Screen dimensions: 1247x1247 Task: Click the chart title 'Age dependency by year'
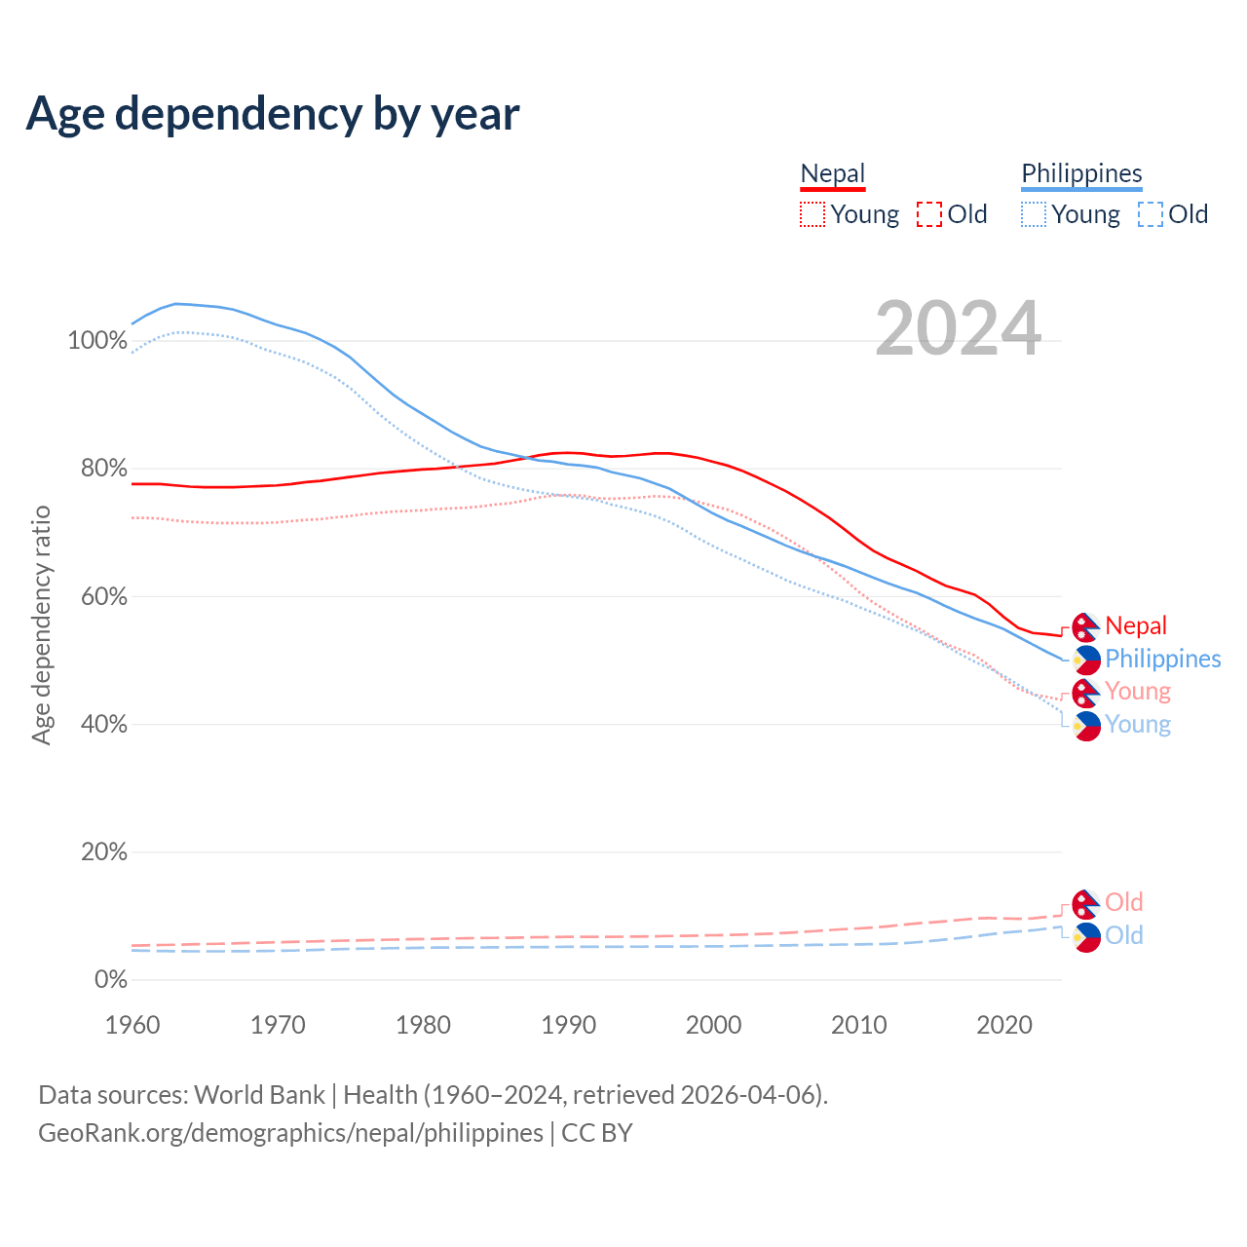pos(273,114)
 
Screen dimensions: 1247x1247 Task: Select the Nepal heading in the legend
pos(832,174)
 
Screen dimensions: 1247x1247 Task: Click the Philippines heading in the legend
pos(1081,174)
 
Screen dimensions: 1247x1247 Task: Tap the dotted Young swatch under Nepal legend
pos(812,214)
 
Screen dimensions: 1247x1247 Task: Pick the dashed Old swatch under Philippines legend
pos(1151,214)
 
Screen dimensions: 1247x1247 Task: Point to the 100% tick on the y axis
pos(97,341)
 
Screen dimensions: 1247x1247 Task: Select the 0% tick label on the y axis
pos(111,980)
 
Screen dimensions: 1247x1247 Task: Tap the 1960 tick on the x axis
pos(132,1025)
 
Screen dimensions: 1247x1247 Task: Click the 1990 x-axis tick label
pos(569,1025)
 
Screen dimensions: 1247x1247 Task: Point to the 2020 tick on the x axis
pos(1004,1025)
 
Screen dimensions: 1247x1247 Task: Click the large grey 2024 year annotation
pos(959,328)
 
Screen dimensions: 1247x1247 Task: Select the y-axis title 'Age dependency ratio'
pos(41,624)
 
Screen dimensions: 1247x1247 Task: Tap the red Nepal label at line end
pos(1136,625)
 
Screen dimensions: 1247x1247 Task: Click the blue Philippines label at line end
pos(1162,659)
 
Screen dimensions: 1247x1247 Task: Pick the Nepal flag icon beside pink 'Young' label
pos(1086,693)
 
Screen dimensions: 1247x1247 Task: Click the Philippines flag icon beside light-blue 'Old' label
pos(1086,937)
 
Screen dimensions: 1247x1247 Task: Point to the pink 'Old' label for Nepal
pos(1124,902)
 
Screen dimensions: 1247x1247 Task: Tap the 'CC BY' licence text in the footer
pos(597,1133)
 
